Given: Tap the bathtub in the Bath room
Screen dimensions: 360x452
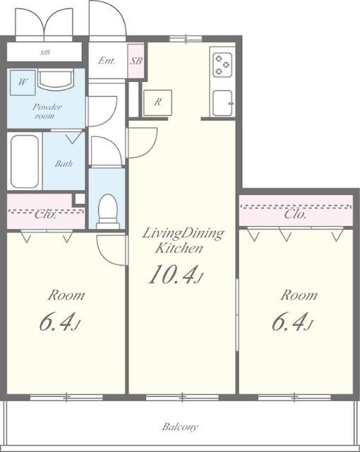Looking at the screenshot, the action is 25,162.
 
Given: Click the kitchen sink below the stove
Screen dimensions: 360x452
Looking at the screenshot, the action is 222,103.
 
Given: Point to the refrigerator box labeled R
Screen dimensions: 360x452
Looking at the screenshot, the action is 157,103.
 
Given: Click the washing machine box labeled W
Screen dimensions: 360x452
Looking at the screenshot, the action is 23,83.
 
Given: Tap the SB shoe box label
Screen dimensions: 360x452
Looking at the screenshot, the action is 136,61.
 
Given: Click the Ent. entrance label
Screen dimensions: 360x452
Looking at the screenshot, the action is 107,61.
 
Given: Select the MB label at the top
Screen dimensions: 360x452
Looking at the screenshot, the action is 45,52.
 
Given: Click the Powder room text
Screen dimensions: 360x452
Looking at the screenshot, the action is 47,112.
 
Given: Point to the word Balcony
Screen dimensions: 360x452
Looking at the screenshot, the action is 180,427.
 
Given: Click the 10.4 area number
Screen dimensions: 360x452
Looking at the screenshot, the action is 173,275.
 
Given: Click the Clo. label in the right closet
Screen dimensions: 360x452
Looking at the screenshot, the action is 295,215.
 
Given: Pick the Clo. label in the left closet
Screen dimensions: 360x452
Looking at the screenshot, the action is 45,215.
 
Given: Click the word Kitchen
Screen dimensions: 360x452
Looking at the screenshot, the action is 179,249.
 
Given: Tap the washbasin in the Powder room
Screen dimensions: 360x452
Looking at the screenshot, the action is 56,78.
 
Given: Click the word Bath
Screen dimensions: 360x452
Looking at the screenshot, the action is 64,164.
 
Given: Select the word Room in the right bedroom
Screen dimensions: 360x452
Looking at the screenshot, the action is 299,295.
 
